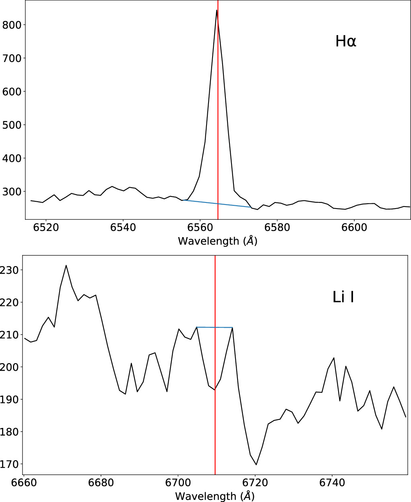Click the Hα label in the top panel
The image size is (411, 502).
[346, 41]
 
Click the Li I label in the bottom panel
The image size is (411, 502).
[343, 297]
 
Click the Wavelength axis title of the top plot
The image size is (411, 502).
[217, 241]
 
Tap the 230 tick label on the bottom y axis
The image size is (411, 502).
[9, 270]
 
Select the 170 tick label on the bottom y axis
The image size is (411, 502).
[9, 464]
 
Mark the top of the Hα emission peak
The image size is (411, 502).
[217, 10]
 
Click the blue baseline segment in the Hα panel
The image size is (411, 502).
[217, 204]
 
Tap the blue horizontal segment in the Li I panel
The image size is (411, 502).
[215, 327]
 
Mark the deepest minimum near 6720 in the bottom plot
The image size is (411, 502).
[256, 464]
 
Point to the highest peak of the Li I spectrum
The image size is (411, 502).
[66, 265]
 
